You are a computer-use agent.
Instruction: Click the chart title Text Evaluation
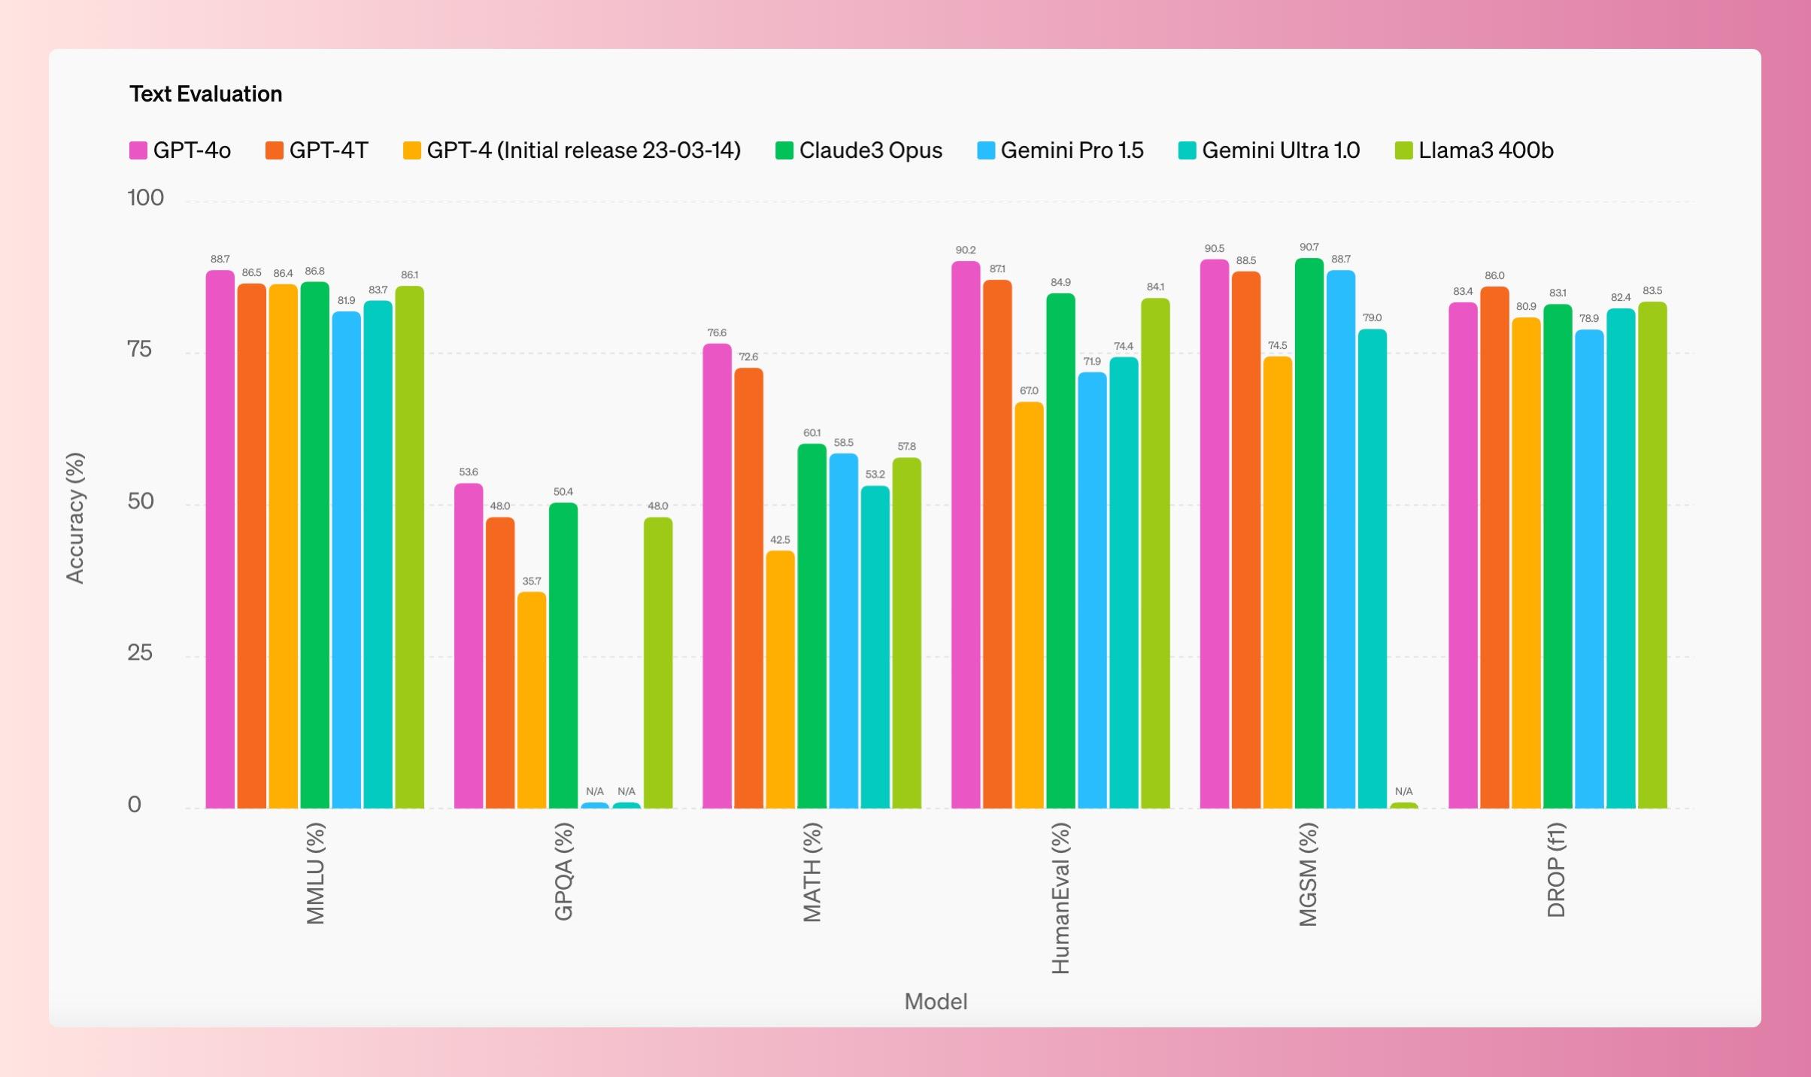[205, 94]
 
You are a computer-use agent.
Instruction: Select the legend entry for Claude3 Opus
[858, 150]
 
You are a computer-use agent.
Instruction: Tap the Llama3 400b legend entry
[1474, 150]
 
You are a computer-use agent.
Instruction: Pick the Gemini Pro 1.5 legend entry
[1060, 150]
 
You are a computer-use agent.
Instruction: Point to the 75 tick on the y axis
[140, 349]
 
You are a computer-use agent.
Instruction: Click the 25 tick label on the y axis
[140, 653]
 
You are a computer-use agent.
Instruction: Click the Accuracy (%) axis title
[75, 518]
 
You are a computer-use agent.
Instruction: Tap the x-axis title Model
[936, 1002]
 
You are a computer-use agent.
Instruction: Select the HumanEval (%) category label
[1060, 898]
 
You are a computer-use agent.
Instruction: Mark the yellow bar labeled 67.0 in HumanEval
[1029, 605]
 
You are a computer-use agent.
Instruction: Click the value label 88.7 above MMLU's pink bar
[220, 259]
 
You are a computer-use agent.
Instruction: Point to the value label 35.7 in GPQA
[532, 581]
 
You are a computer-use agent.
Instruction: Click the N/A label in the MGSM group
[1403, 791]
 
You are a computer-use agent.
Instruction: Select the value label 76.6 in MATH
[717, 333]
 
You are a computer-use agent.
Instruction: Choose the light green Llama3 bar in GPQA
[658, 663]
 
